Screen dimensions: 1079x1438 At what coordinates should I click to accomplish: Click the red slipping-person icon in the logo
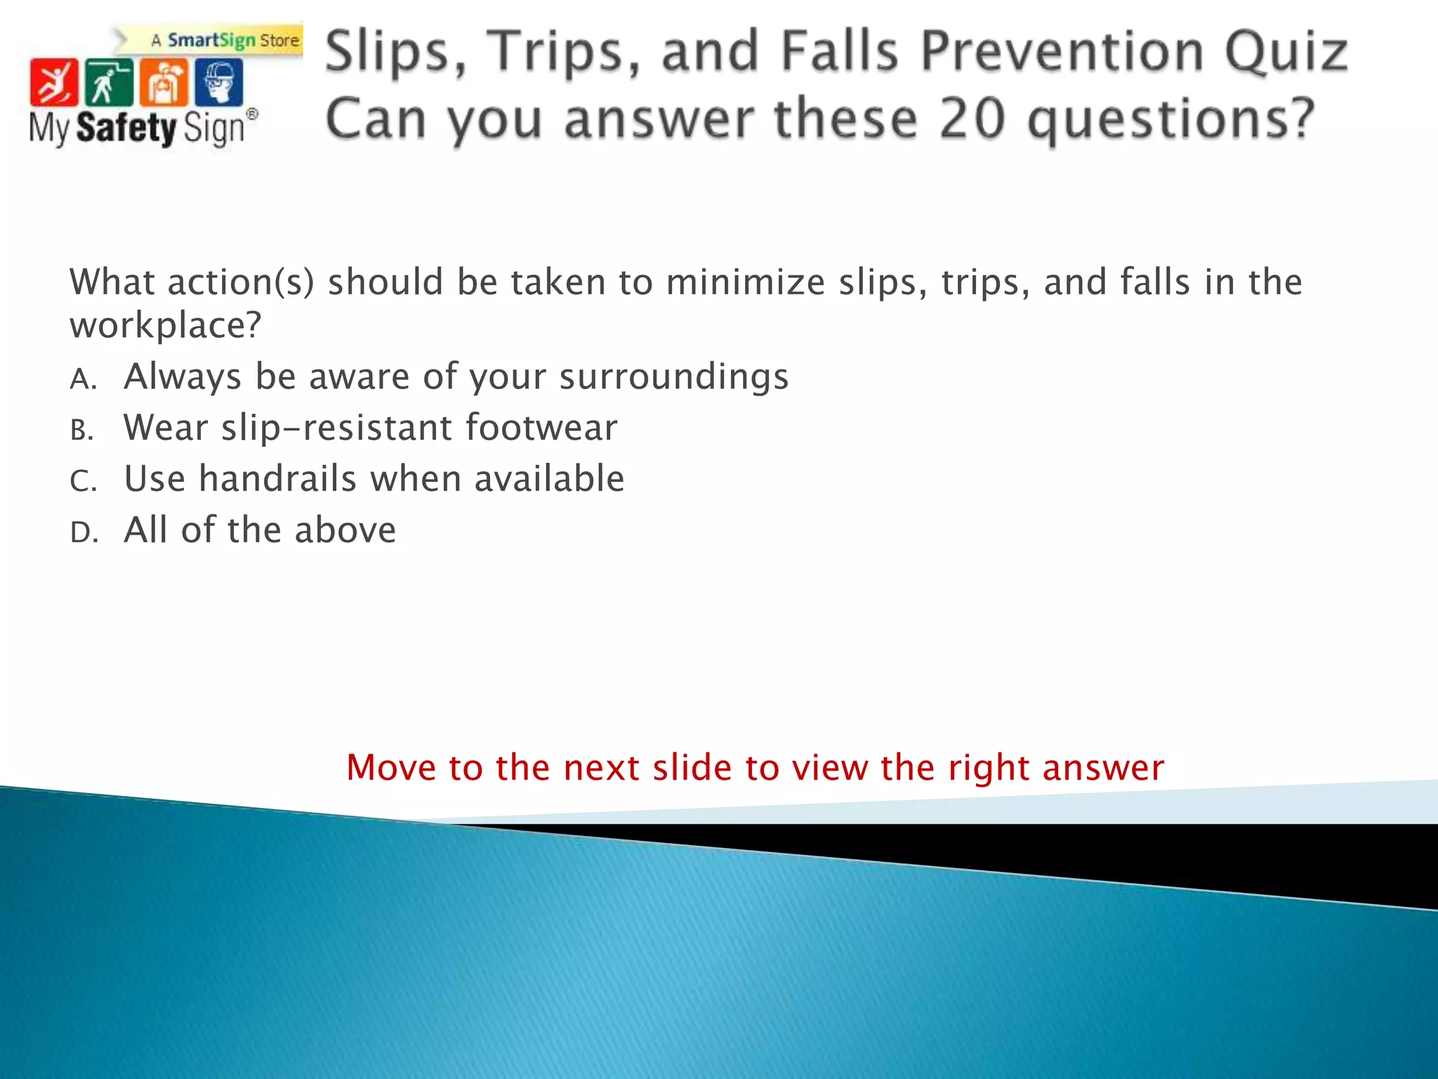coord(53,81)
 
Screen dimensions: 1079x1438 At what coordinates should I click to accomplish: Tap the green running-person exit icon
coord(108,81)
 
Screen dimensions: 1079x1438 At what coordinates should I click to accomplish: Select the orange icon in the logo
coord(164,81)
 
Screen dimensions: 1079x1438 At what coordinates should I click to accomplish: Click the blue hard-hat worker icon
coord(219,81)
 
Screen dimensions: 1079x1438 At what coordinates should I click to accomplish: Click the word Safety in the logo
coord(126,129)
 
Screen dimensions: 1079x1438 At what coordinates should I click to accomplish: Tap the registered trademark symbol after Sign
coord(252,115)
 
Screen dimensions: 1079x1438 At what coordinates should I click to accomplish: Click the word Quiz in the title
coord(1286,52)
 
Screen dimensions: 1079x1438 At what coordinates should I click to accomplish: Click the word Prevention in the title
coord(1062,52)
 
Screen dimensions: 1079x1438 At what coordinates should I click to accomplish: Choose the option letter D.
coord(83,533)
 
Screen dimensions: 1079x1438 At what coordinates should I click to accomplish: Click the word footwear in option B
coord(541,428)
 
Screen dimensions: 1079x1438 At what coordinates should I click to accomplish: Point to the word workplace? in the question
coord(165,326)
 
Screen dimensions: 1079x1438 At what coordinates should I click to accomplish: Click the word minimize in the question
coord(744,282)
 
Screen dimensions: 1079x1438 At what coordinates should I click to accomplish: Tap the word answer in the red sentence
coord(1103,768)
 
